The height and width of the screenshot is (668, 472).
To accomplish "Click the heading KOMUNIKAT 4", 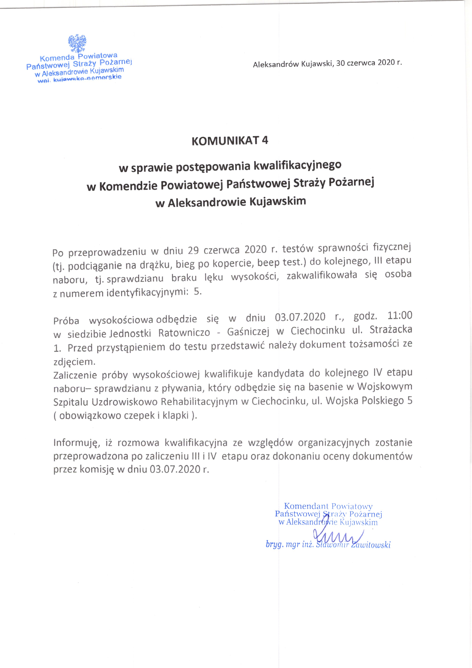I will [x=230, y=141].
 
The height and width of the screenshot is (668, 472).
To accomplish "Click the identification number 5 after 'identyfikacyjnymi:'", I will [x=197, y=292].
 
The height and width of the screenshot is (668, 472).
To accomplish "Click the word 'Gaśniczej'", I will [x=248, y=332].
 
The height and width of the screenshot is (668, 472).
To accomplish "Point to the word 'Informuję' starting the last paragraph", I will [x=75, y=443].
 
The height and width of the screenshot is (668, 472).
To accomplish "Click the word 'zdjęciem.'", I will [x=74, y=362].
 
